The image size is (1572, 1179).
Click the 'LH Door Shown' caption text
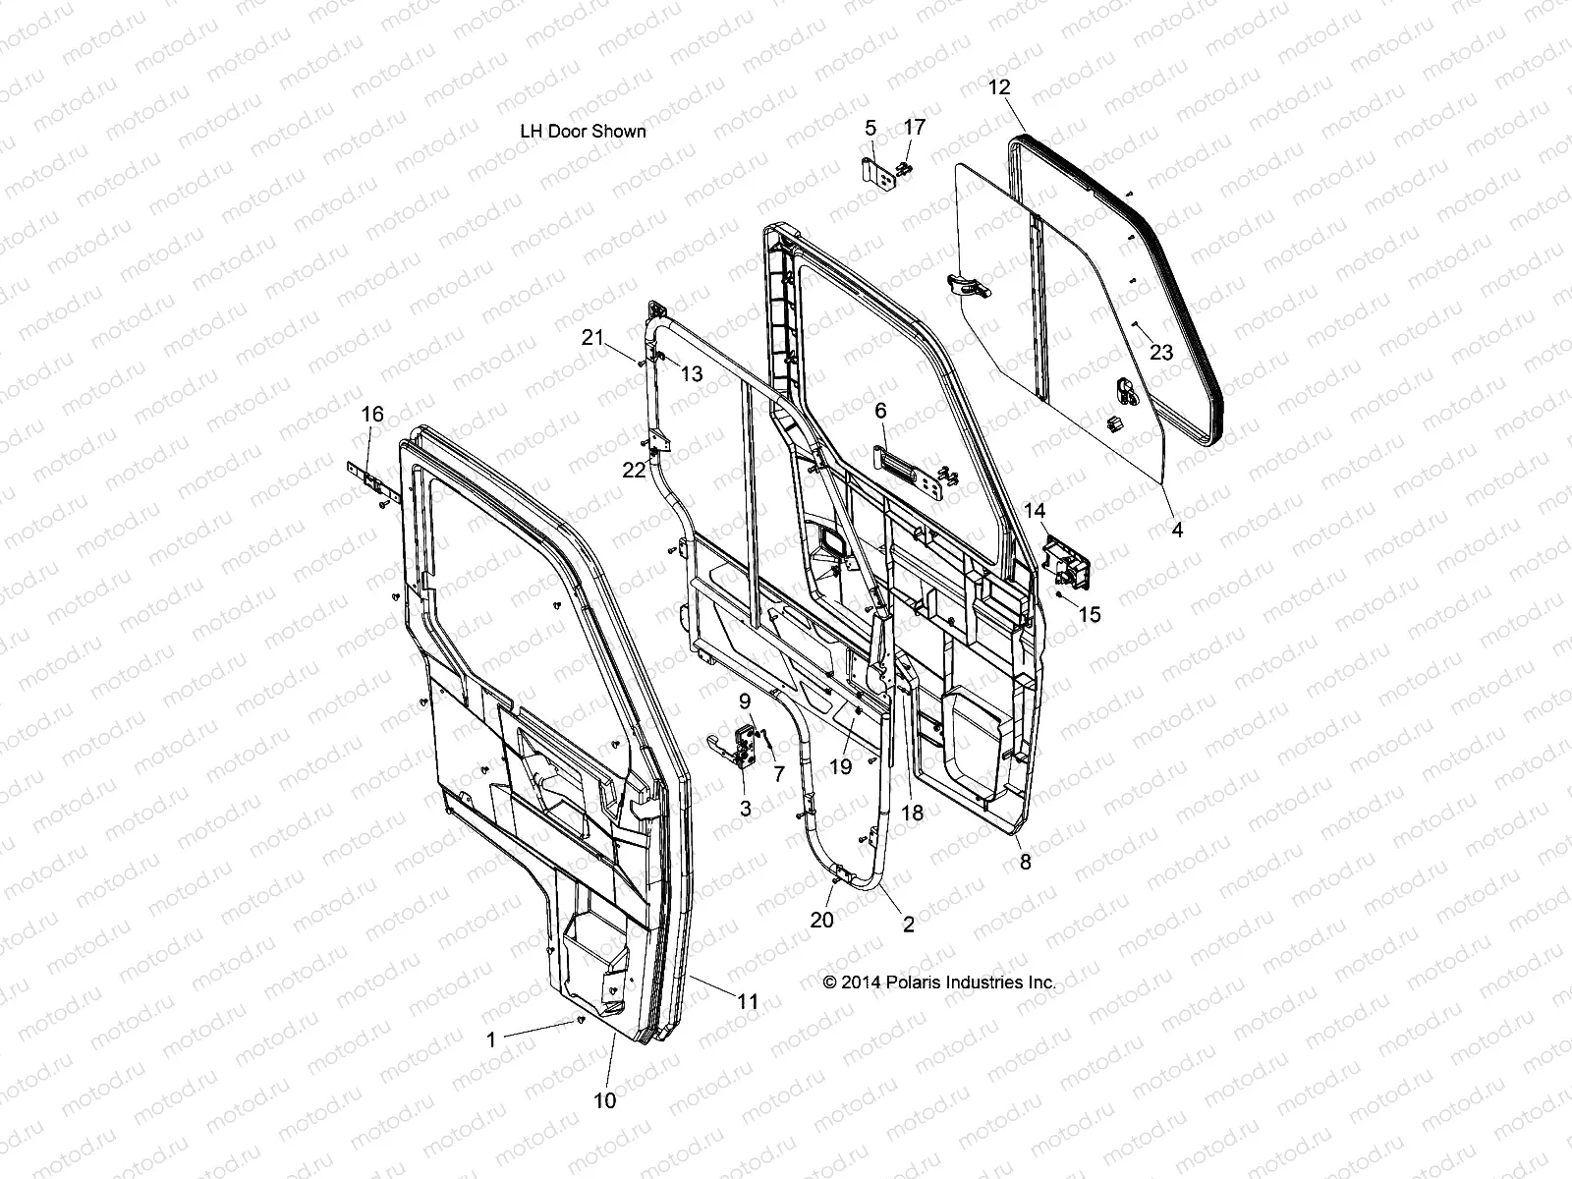(x=583, y=131)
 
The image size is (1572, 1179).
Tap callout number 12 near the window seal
(x=998, y=87)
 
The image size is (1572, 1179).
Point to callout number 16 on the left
(x=372, y=414)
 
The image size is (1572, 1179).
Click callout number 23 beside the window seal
(x=1160, y=353)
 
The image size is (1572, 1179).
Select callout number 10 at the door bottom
(x=605, y=1099)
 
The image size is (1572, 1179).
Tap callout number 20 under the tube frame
(x=821, y=919)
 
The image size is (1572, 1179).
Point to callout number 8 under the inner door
(x=1025, y=862)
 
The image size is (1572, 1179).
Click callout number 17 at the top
(x=914, y=127)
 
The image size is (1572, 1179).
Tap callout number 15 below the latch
(x=1089, y=615)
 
